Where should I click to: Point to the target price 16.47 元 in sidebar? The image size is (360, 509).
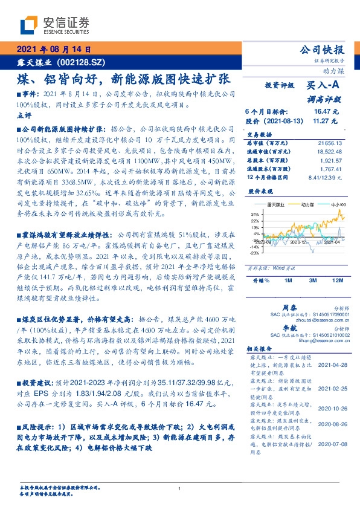[x=326, y=112]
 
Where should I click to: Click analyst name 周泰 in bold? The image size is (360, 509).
[x=288, y=308]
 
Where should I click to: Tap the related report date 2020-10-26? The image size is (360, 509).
[x=331, y=407]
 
